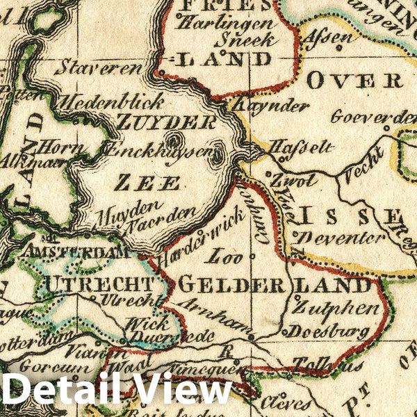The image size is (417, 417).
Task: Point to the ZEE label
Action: tap(147, 183)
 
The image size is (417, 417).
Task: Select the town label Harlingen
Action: tap(216, 23)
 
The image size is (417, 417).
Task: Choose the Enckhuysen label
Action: tap(154, 149)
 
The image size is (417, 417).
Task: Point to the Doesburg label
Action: tap(329, 332)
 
